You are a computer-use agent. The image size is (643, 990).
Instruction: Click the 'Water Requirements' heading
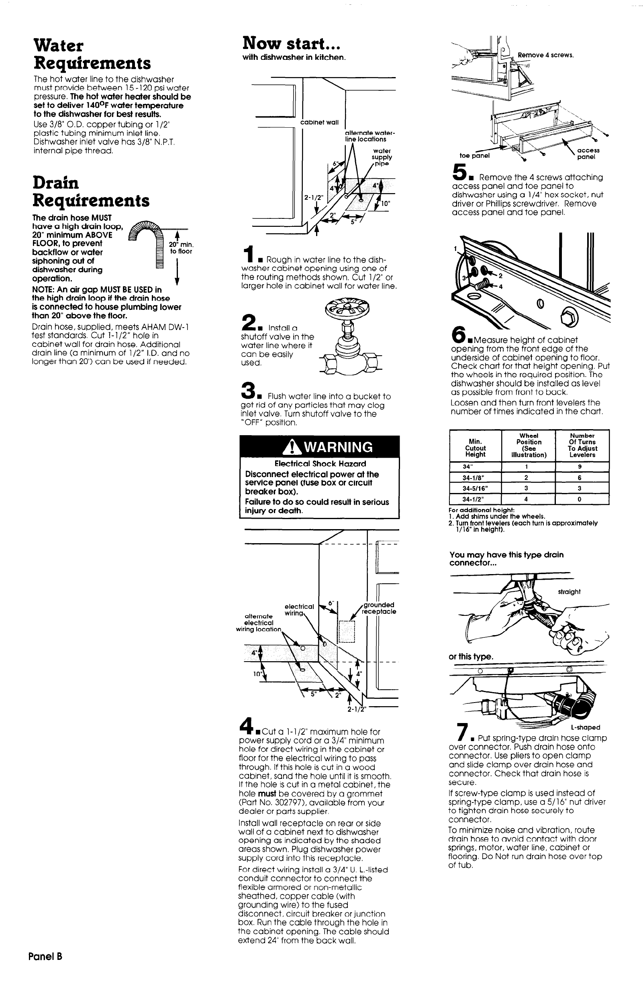92,54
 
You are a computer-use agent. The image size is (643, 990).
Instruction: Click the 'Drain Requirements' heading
91,191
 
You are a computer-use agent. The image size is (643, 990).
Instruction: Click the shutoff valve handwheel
347,308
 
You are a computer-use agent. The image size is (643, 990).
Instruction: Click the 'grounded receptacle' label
378,608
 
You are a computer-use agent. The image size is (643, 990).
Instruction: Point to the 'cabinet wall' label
320,122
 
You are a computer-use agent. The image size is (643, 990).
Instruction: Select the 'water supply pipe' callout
382,157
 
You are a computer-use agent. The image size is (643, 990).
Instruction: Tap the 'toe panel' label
474,156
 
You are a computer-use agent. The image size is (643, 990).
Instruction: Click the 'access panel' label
588,153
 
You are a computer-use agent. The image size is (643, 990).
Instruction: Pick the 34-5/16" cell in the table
475,488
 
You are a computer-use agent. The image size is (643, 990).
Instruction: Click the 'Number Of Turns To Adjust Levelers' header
582,445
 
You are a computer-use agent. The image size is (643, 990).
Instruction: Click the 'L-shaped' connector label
585,727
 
